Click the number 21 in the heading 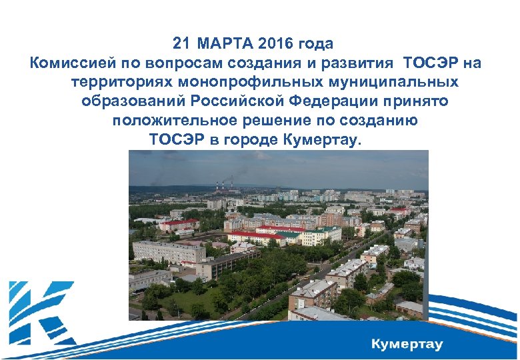click(x=181, y=44)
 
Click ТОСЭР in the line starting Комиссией click(x=431, y=63)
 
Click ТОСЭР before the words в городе click(x=177, y=140)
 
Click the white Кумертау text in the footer click(x=407, y=345)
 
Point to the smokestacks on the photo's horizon click(x=223, y=185)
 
